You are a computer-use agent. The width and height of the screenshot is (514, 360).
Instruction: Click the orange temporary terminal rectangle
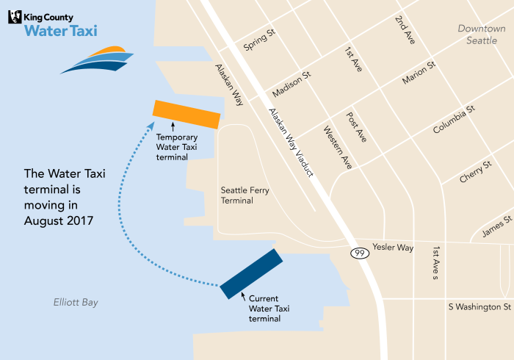click(x=187, y=114)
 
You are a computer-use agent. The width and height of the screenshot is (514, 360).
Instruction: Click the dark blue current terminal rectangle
click(x=251, y=273)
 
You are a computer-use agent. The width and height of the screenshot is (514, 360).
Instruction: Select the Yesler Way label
click(x=393, y=248)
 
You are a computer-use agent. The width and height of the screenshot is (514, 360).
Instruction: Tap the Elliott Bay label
click(x=76, y=303)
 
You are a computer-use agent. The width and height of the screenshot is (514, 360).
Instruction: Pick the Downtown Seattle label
click(x=482, y=35)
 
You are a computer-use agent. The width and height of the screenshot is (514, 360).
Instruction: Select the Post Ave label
click(x=356, y=127)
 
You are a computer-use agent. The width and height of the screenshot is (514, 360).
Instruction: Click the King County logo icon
click(x=15, y=15)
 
